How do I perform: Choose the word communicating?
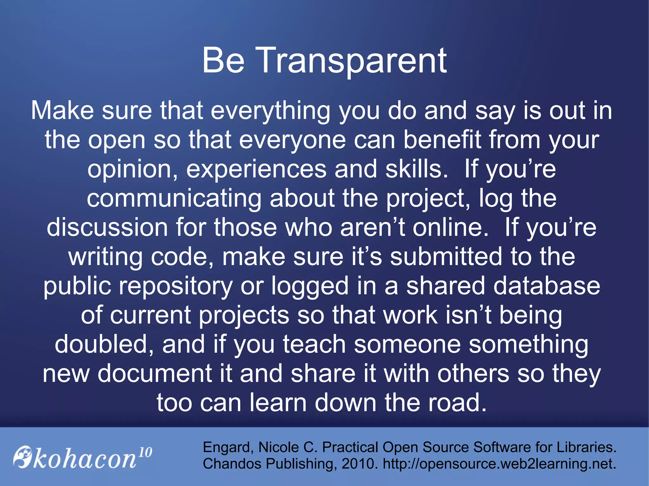click(174, 199)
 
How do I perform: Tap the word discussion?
click(107, 227)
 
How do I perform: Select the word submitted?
click(446, 256)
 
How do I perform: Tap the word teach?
click(314, 344)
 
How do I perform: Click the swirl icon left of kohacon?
click(23, 457)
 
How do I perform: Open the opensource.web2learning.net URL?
click(499, 464)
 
